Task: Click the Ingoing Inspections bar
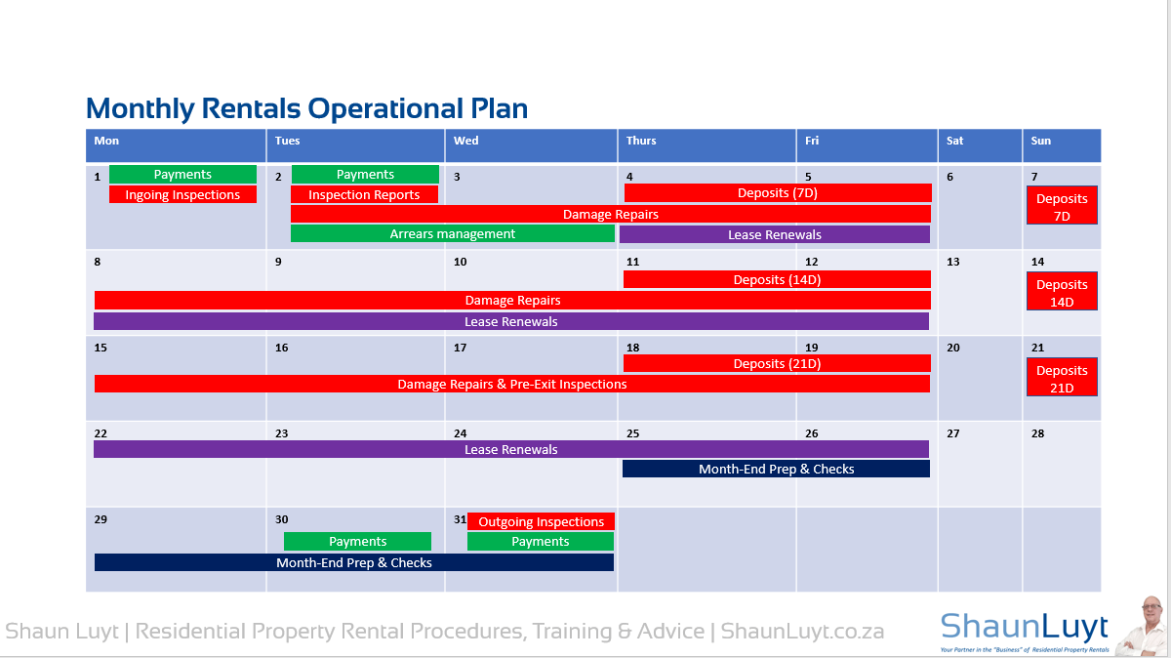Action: pos(182,194)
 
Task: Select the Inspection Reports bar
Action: pos(364,194)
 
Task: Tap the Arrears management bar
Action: pos(453,233)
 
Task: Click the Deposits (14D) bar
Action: pos(777,279)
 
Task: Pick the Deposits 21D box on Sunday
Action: pos(1062,377)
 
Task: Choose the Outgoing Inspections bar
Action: pos(541,521)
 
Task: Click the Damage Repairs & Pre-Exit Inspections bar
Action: pos(512,384)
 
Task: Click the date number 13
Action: pos(953,262)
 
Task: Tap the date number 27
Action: pos(953,433)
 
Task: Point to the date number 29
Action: pos(101,519)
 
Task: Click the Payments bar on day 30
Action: pos(357,542)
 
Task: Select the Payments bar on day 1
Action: pos(183,174)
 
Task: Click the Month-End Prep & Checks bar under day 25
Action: pos(777,469)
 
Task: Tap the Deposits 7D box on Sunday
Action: pos(1062,206)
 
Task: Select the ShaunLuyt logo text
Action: pos(1024,627)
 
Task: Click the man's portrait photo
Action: pos(1144,626)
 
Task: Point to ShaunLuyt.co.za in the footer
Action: pos(802,632)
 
